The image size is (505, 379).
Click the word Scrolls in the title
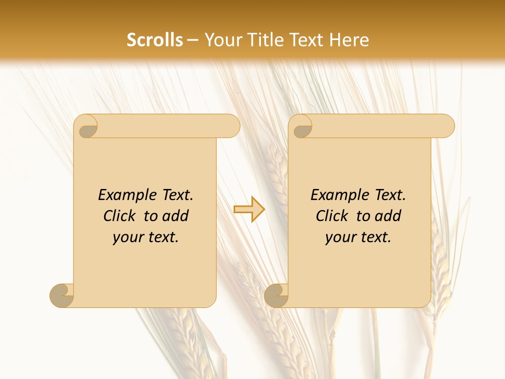point(155,40)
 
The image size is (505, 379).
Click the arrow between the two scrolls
point(249,209)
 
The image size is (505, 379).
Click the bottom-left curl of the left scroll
point(62,295)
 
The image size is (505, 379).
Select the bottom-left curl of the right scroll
point(276,295)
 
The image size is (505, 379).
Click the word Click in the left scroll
point(119,216)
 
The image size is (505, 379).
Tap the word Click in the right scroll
point(332,216)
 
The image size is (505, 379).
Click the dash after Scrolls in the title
point(193,41)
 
